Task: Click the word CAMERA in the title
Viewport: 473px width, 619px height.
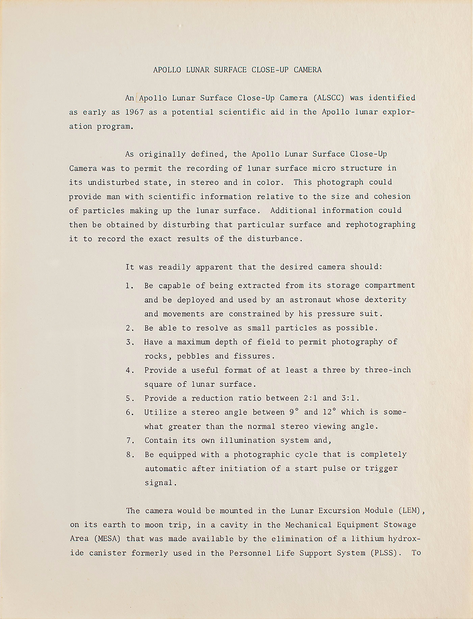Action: [307, 70]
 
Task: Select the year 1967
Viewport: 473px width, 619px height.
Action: [135, 112]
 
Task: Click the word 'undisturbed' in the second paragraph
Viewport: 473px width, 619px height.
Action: [113, 183]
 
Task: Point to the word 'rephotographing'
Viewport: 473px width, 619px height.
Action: [380, 225]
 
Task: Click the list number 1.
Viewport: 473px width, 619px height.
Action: [129, 286]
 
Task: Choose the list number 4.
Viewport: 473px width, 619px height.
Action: [129, 370]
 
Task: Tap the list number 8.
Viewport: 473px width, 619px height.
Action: [129, 455]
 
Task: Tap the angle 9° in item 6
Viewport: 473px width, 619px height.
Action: [294, 412]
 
